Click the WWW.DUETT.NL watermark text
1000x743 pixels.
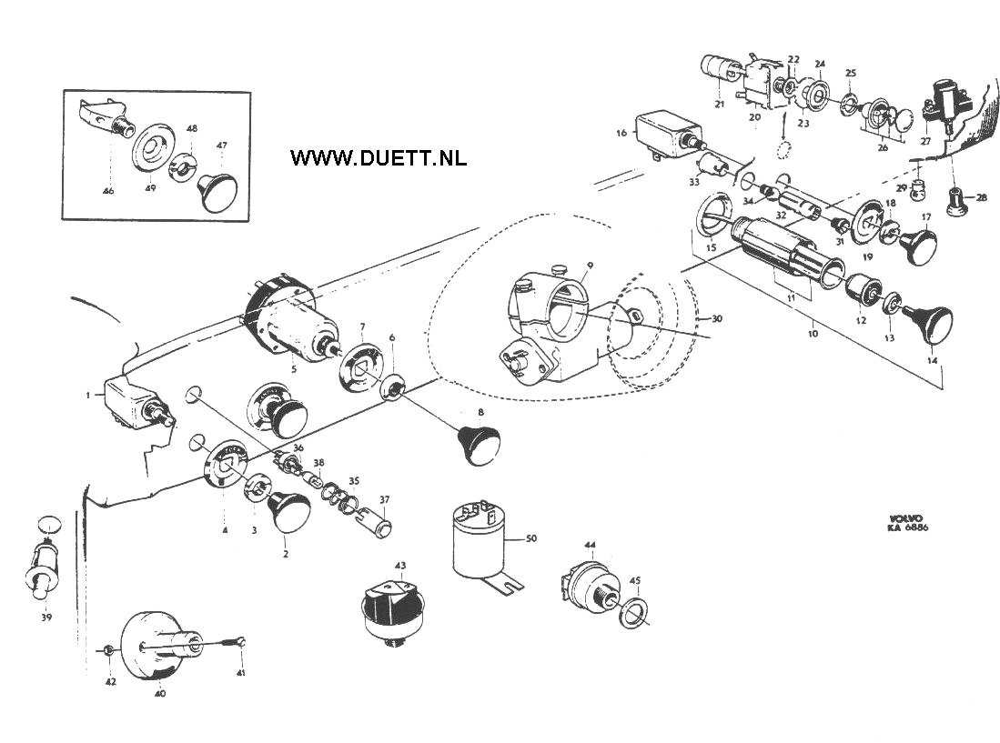(x=379, y=157)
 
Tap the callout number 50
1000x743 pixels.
(x=531, y=540)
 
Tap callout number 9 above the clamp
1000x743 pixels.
(x=590, y=266)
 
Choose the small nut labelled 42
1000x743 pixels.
(x=109, y=650)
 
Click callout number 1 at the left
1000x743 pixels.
(x=88, y=396)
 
